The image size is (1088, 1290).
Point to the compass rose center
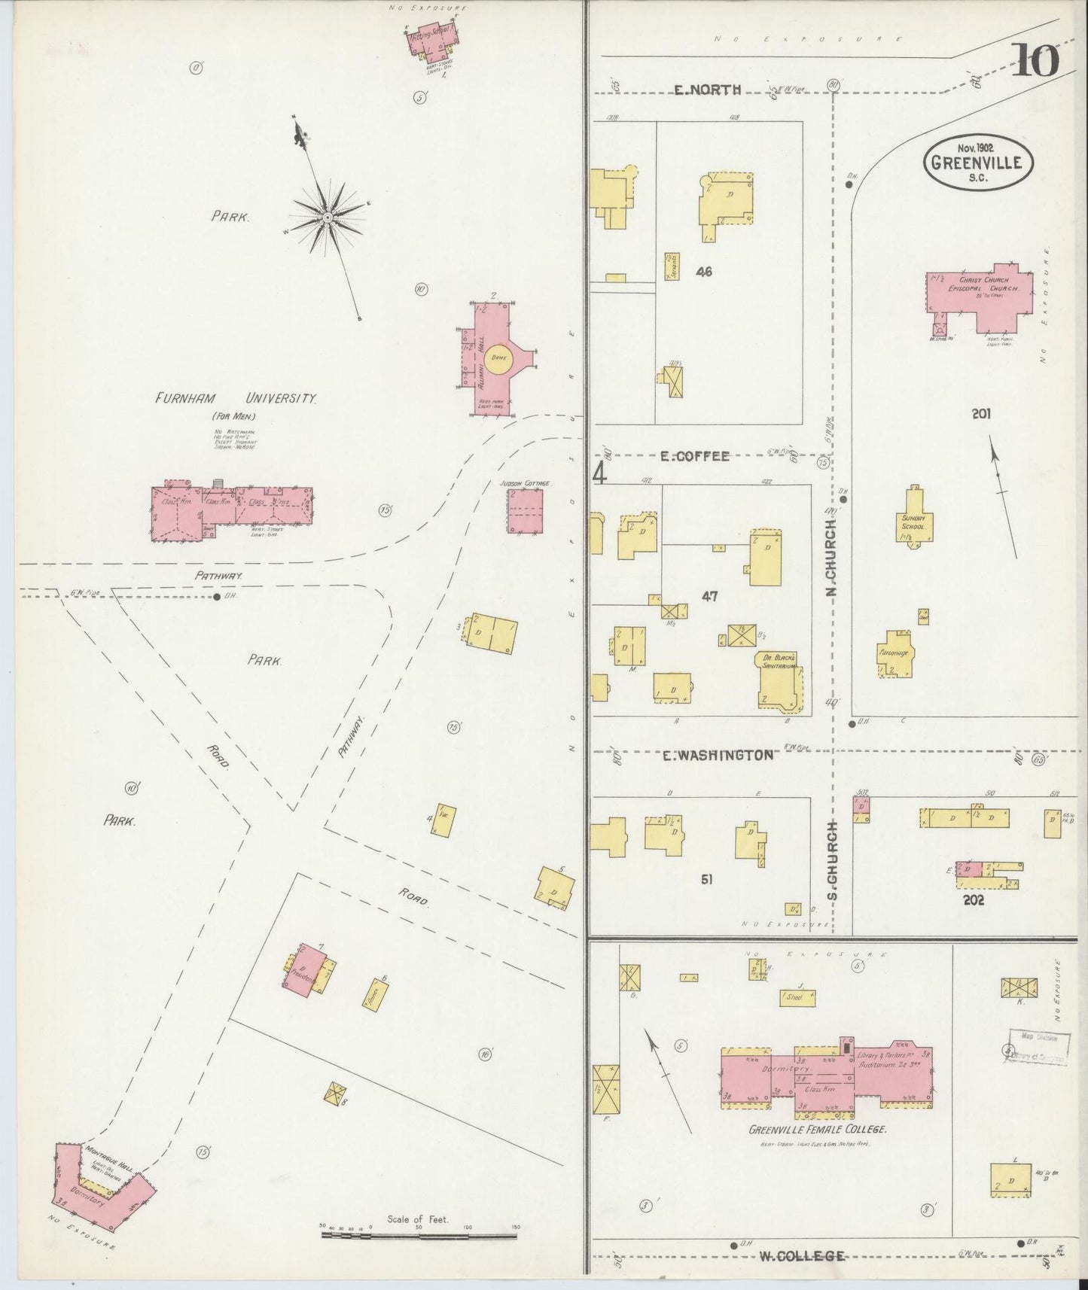328,217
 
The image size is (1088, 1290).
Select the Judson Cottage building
525,511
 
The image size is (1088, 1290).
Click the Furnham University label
236,399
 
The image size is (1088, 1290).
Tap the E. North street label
707,90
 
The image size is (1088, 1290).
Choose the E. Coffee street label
694,456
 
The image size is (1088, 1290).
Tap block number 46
704,272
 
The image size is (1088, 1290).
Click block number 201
980,413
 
